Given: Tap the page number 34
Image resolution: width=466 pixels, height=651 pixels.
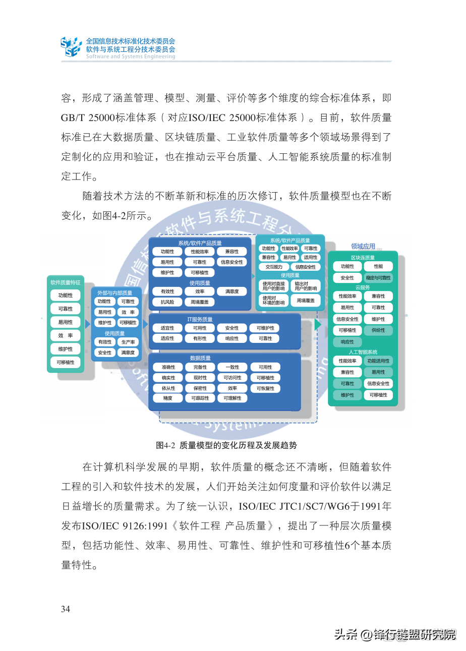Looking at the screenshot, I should tap(66, 609).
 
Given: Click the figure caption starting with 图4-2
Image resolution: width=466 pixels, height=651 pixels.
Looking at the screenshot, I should tap(226, 445).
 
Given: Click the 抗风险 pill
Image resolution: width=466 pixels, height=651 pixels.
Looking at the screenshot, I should tap(167, 302).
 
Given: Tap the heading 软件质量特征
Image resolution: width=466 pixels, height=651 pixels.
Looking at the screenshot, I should tap(66, 282).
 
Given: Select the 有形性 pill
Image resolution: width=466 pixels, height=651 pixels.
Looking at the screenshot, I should tap(200, 338).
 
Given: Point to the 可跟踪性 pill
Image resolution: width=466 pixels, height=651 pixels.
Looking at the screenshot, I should tap(200, 398).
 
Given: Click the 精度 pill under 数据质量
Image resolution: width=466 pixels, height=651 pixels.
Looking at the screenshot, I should tap(168, 398).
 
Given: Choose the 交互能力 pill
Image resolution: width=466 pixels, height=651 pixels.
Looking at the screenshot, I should tap(274, 267).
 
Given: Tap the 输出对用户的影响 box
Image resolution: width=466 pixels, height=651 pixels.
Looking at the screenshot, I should tap(306, 286).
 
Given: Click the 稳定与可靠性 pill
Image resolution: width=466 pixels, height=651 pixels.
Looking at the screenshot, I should tap(378, 278).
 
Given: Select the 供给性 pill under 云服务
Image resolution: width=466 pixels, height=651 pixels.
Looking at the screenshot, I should tap(378, 330).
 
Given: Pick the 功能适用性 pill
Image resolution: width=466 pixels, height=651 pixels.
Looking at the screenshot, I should tap(378, 361).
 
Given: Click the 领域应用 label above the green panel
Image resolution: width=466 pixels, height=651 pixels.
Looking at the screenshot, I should tap(363, 247).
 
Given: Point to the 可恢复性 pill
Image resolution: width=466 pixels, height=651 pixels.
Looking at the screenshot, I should tap(266, 388).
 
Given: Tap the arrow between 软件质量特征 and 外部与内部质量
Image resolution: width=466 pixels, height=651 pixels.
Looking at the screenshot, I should tap(88, 323).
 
